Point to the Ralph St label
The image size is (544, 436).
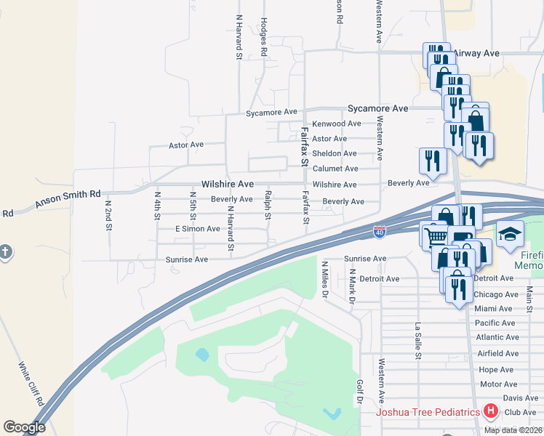coord(268,205)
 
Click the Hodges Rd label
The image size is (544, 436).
coord(264,36)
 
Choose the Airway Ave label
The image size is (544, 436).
coord(476,54)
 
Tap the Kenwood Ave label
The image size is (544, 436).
coord(336,124)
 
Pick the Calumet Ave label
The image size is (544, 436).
coord(335,169)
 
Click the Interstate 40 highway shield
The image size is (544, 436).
coord(379,231)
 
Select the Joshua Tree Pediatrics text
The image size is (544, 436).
coord(428,413)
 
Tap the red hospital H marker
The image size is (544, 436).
coord(491,412)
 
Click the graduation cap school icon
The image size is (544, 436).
coord(510,234)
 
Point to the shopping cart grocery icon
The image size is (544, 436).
coord(435,235)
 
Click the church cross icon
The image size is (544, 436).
coord(5,251)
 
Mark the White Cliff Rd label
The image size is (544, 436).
coord(31,384)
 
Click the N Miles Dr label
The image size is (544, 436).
coord(325,280)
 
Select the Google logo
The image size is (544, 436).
coord(24,427)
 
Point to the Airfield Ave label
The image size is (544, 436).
coord(497,354)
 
